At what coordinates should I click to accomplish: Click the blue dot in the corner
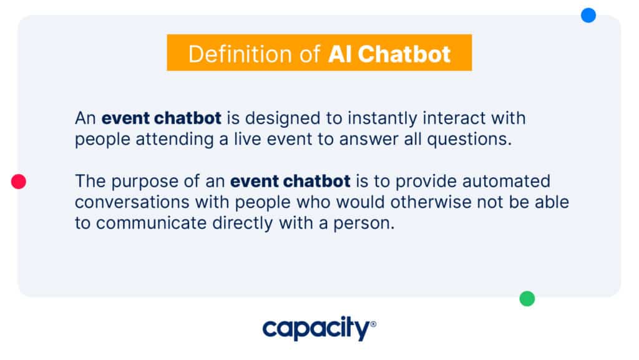point(588,16)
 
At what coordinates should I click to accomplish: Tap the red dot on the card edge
point(18,181)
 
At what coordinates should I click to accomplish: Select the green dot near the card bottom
point(527,298)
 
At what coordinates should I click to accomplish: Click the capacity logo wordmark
point(316,328)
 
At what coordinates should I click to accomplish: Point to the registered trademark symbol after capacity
point(373,324)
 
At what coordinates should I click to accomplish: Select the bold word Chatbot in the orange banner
point(404,54)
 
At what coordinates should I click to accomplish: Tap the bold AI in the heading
point(340,54)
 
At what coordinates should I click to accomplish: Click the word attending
point(175,140)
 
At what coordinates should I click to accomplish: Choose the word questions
point(469,140)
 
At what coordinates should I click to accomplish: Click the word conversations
point(132,202)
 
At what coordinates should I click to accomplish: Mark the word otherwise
point(431,202)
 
